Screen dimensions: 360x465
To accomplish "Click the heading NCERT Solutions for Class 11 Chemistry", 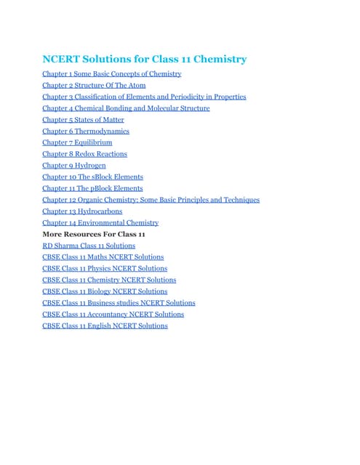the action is pos(144,59).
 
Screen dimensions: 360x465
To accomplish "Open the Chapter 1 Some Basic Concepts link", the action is pos(111,74).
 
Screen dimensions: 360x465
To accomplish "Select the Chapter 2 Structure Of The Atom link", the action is pos(94,85).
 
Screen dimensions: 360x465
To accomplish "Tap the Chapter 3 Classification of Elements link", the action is pos(144,97).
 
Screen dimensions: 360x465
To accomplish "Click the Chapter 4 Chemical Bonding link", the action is pos(126,108).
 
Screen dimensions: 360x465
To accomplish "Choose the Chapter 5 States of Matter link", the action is pos(83,120).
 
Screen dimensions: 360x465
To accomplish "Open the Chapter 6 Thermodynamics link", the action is pos(86,131).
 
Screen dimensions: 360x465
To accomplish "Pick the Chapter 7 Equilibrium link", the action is pos(77,142).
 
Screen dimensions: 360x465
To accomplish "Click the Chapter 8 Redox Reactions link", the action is pos(84,154).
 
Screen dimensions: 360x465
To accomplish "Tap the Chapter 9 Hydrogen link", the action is pos(74,166).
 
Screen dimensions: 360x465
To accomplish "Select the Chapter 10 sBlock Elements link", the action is pos(92,177).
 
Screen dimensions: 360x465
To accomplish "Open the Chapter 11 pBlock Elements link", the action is pos(92,188).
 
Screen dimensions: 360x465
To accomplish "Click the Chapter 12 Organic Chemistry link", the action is pos(151,200).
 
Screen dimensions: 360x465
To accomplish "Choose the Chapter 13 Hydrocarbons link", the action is pos(82,211).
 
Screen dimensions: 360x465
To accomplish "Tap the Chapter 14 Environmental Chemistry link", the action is pos(100,223).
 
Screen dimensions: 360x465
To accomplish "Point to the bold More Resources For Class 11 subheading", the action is pos(94,235).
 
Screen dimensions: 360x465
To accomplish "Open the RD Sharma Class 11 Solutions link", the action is pos(89,246).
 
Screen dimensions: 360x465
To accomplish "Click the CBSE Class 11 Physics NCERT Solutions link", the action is pos(105,268).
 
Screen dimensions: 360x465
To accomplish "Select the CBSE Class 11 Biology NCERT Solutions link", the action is pos(105,291).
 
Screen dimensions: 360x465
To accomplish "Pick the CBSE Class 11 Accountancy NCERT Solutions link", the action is pos(113,314).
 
